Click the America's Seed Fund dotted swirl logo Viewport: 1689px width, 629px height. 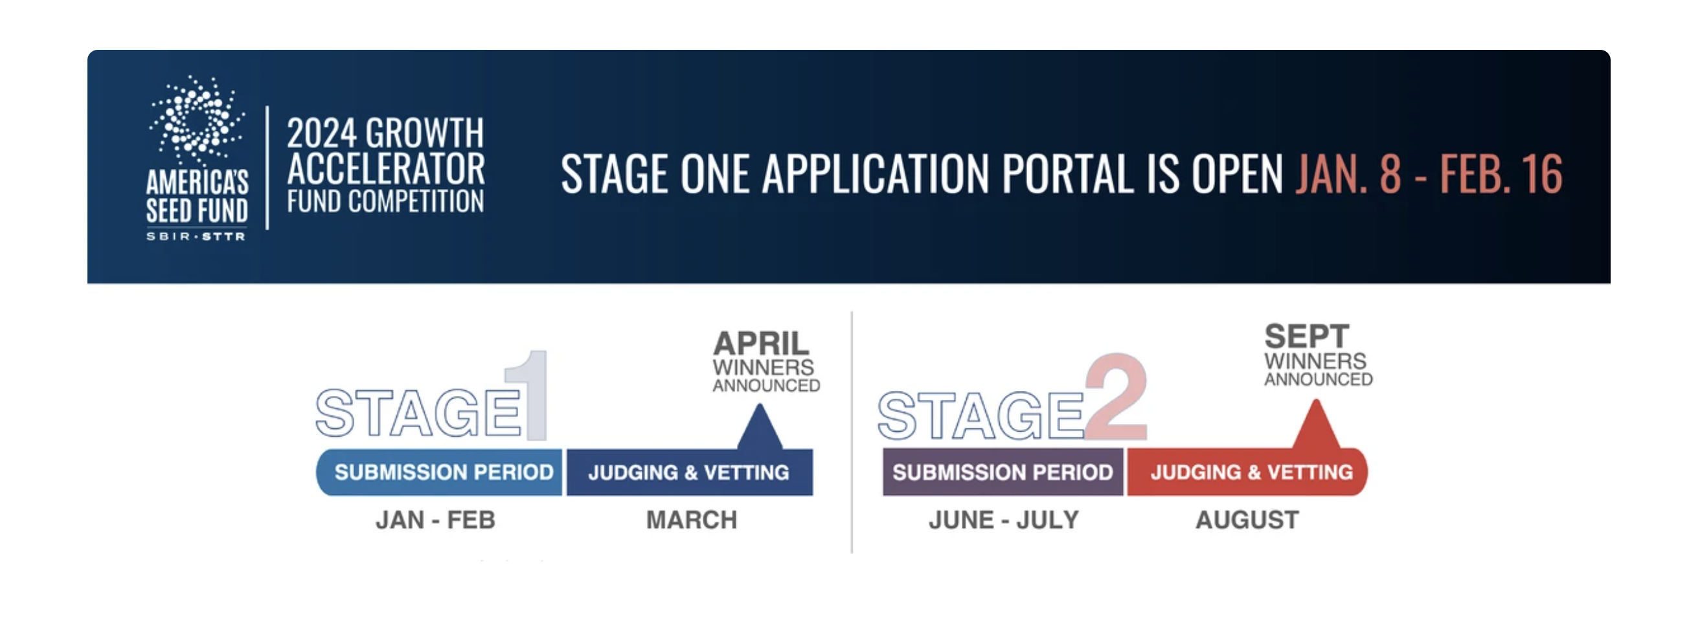tap(197, 119)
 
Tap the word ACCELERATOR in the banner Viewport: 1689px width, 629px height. tap(385, 168)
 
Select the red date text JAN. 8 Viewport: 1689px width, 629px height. tap(1348, 174)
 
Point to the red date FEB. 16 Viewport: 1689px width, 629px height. tap(1501, 174)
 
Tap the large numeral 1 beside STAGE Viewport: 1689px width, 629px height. tap(526, 395)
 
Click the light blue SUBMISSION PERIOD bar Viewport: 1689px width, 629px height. tap(438, 472)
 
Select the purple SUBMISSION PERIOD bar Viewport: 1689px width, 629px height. tap(1003, 472)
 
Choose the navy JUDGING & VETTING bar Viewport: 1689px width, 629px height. tap(690, 472)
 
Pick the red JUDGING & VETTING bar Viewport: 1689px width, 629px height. tap(1248, 472)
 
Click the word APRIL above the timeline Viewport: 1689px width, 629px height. tap(761, 344)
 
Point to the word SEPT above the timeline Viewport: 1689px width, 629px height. tap(1307, 337)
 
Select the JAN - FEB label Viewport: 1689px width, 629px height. tap(435, 520)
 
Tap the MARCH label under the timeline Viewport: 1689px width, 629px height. tap(692, 520)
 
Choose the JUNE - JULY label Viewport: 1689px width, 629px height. tap(1003, 520)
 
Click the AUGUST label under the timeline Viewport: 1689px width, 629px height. tap(1247, 520)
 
